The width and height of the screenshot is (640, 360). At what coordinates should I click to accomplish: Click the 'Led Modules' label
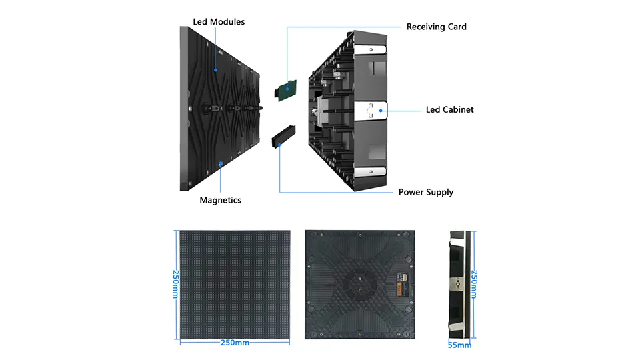219,22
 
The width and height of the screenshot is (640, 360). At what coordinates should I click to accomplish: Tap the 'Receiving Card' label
436,27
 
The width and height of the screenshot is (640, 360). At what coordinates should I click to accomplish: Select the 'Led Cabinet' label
449,109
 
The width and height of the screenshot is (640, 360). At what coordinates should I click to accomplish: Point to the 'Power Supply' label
425,192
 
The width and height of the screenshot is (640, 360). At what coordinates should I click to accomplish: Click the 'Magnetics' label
220,200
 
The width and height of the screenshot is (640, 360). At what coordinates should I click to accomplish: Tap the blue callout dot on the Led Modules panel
215,69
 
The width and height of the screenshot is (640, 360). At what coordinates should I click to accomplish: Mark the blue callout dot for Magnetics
221,163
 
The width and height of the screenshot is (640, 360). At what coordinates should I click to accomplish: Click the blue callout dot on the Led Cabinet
381,109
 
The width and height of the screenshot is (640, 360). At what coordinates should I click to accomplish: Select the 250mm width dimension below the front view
235,343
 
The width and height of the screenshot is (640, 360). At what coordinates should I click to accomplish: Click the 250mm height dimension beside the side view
475,285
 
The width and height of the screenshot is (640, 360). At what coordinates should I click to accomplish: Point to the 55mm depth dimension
460,345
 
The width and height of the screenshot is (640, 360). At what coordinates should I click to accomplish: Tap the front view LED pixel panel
235,285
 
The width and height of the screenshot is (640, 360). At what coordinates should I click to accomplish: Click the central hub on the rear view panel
360,285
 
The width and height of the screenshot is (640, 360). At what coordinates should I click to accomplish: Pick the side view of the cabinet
460,285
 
